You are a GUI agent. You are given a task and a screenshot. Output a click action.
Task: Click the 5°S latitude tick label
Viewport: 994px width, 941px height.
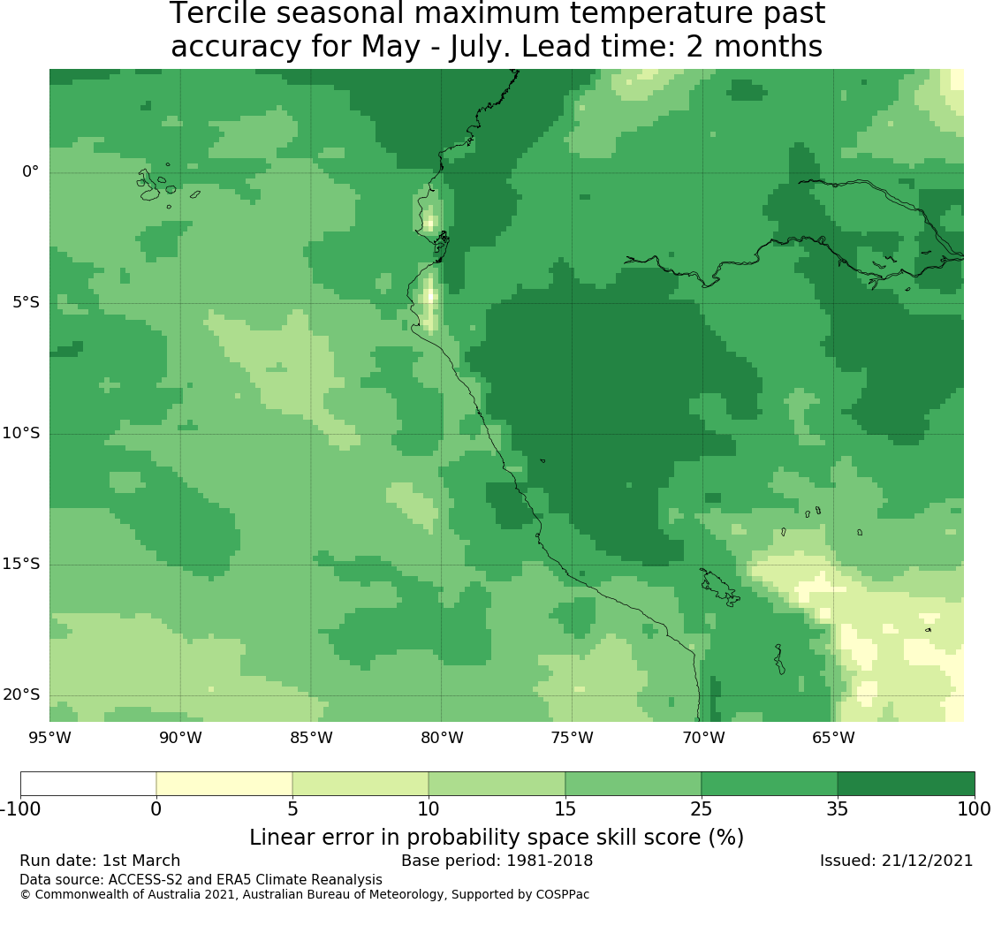coord(26,302)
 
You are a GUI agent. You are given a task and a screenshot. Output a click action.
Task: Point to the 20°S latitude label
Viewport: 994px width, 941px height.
coord(21,694)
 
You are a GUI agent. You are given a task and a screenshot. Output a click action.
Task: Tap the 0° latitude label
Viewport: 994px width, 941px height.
coord(30,171)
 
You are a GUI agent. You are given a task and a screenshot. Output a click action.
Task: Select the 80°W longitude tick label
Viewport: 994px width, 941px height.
coord(442,738)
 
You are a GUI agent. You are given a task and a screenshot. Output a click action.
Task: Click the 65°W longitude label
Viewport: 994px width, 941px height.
coord(833,738)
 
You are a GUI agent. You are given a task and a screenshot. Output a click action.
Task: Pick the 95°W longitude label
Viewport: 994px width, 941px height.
coord(49,738)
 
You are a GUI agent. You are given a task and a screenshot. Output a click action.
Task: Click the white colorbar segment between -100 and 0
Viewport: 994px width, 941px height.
coord(88,784)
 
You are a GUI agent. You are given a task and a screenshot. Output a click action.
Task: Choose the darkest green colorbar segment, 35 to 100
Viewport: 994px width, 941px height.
coord(906,784)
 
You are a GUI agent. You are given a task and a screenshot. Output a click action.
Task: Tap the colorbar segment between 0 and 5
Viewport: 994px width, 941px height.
coord(224,784)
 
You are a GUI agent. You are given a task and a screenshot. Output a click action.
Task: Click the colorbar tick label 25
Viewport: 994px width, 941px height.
coord(702,809)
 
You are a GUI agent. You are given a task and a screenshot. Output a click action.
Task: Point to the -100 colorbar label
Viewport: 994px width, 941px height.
coord(20,809)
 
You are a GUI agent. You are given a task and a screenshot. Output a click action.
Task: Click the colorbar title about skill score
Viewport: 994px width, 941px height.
coord(497,838)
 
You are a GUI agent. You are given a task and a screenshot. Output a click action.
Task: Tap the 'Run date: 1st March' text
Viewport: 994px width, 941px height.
coord(100,861)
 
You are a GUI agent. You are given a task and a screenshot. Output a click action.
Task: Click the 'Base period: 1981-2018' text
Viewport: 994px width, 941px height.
coord(497,861)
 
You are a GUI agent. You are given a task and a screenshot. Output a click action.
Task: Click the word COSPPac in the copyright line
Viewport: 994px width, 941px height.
coord(563,895)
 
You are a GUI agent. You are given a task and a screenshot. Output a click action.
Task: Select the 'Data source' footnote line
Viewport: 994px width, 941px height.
coord(201,880)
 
